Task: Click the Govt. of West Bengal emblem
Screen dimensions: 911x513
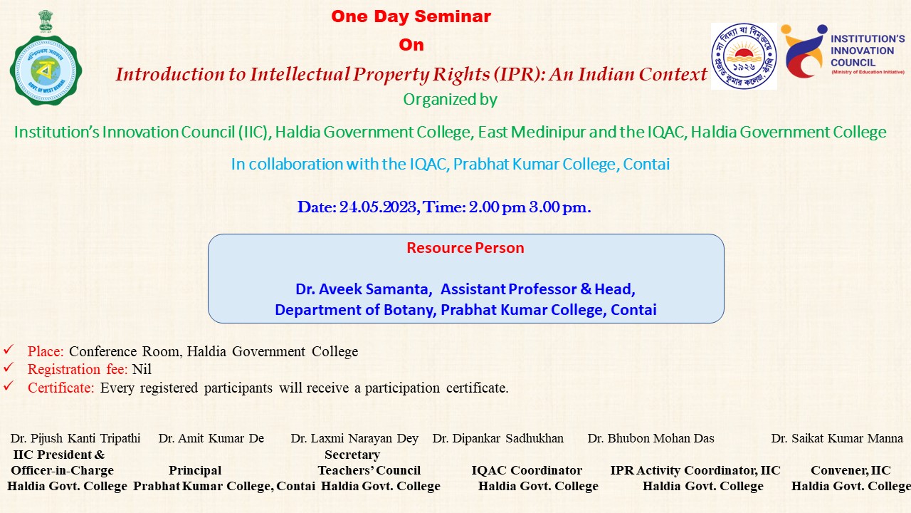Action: [x=46, y=58]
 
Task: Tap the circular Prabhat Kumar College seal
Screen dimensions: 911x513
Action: [x=744, y=56]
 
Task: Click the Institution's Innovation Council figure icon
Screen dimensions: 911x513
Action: [x=804, y=51]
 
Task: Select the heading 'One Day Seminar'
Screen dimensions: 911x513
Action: [x=411, y=16]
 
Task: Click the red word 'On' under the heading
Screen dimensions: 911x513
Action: [x=411, y=45]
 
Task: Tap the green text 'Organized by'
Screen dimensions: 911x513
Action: [x=451, y=99]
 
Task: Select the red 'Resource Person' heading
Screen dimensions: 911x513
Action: [x=465, y=248]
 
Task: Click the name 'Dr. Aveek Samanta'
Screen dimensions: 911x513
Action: [x=363, y=289]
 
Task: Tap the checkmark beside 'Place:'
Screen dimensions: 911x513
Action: [x=8, y=349]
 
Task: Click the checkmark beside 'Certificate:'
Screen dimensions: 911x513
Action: [x=8, y=385]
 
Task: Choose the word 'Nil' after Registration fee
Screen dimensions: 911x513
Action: [x=142, y=369]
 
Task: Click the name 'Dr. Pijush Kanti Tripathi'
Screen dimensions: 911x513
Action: [x=75, y=438]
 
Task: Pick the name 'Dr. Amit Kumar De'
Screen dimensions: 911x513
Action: [x=211, y=438]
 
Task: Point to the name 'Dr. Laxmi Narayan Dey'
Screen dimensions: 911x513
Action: [x=354, y=438]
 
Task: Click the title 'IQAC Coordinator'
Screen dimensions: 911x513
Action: [x=527, y=471]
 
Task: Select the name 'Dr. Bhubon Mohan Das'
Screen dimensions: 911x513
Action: [x=651, y=438]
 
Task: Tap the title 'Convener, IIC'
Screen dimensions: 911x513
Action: [x=851, y=471]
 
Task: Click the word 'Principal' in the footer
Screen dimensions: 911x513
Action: [x=195, y=471]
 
